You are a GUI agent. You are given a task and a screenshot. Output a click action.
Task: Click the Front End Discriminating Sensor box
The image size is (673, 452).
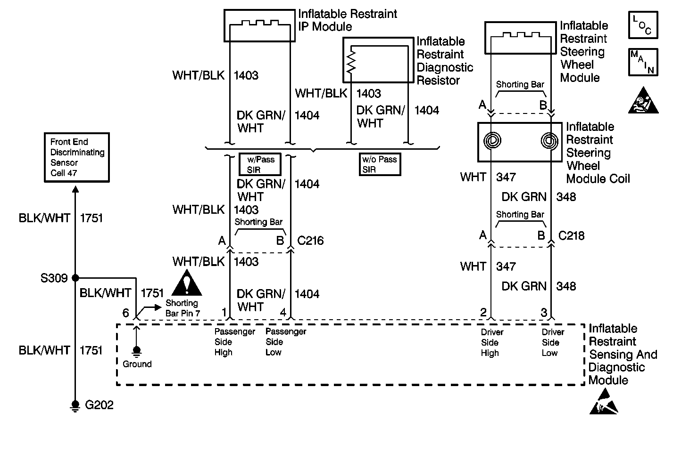75,157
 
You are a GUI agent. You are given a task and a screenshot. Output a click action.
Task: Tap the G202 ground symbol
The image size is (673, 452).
75,405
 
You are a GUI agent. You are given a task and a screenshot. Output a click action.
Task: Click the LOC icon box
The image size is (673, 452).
643,25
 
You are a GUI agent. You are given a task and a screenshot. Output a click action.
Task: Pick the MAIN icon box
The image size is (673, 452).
643,62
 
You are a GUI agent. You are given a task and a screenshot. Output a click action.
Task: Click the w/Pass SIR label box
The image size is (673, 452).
260,164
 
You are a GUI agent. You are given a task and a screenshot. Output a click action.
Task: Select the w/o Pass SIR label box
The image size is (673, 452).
379,164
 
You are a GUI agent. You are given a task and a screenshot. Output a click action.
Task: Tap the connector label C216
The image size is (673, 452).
310,241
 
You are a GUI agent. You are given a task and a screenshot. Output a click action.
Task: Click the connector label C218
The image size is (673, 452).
571,235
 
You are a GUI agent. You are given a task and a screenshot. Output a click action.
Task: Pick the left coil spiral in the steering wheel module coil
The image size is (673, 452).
492,140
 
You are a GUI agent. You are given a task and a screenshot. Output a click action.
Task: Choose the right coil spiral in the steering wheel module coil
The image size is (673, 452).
549,140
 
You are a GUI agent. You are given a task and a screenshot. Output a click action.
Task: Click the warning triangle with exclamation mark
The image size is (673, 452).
187,283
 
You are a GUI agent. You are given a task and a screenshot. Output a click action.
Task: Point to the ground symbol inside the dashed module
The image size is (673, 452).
137,351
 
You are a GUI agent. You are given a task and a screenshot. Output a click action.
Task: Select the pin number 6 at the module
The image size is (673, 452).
125,313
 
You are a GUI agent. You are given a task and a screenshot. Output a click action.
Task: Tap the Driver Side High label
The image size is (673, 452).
492,342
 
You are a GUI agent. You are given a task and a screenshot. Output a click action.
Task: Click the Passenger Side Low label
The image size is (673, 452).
285,342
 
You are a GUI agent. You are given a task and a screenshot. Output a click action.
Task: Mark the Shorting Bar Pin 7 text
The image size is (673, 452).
183,308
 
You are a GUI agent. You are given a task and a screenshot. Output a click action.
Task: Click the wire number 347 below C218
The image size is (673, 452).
506,266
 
